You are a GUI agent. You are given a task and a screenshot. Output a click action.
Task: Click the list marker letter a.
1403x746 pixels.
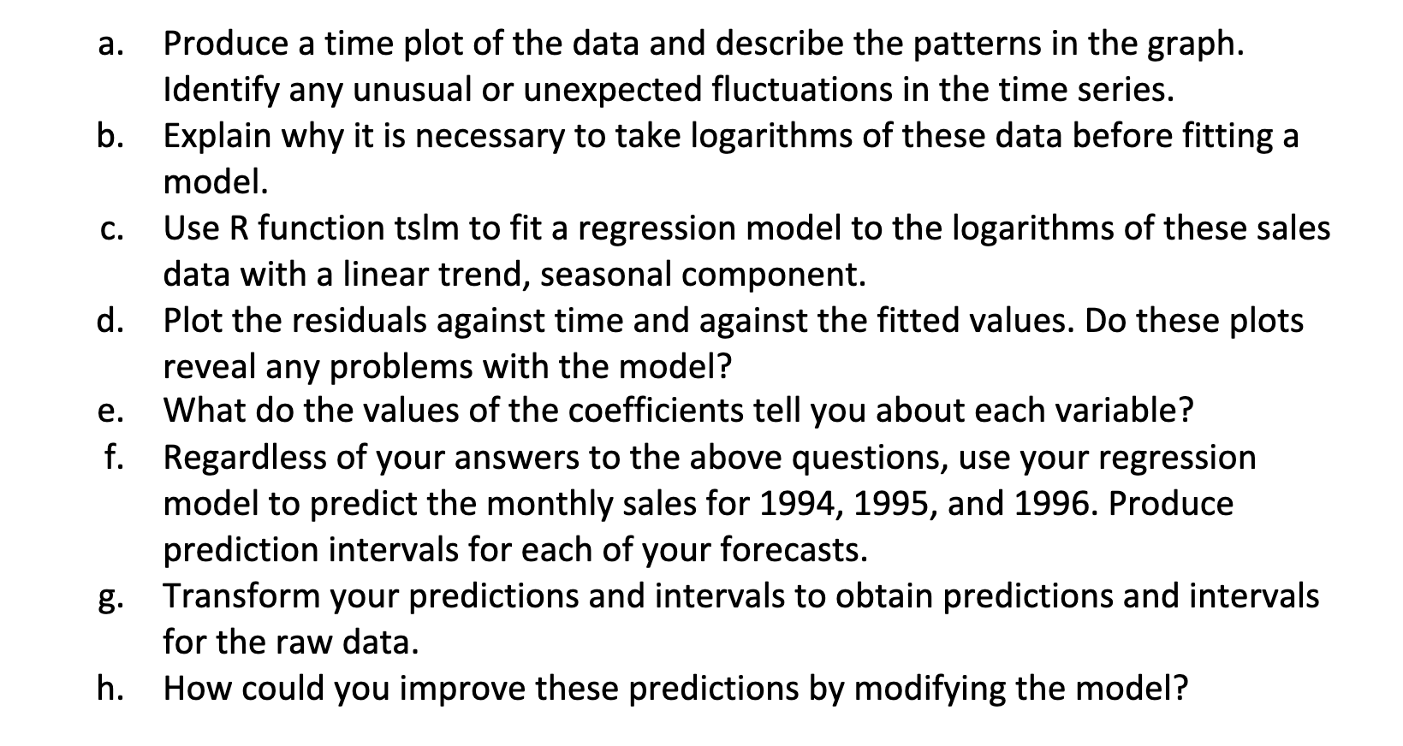point(106,44)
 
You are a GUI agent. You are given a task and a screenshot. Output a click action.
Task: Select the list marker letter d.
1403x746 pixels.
point(108,321)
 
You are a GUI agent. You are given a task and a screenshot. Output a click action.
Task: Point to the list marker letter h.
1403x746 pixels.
point(108,688)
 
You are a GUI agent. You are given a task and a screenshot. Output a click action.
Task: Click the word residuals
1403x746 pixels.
point(355,321)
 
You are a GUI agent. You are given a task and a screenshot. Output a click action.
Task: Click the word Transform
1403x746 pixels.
point(238,596)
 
